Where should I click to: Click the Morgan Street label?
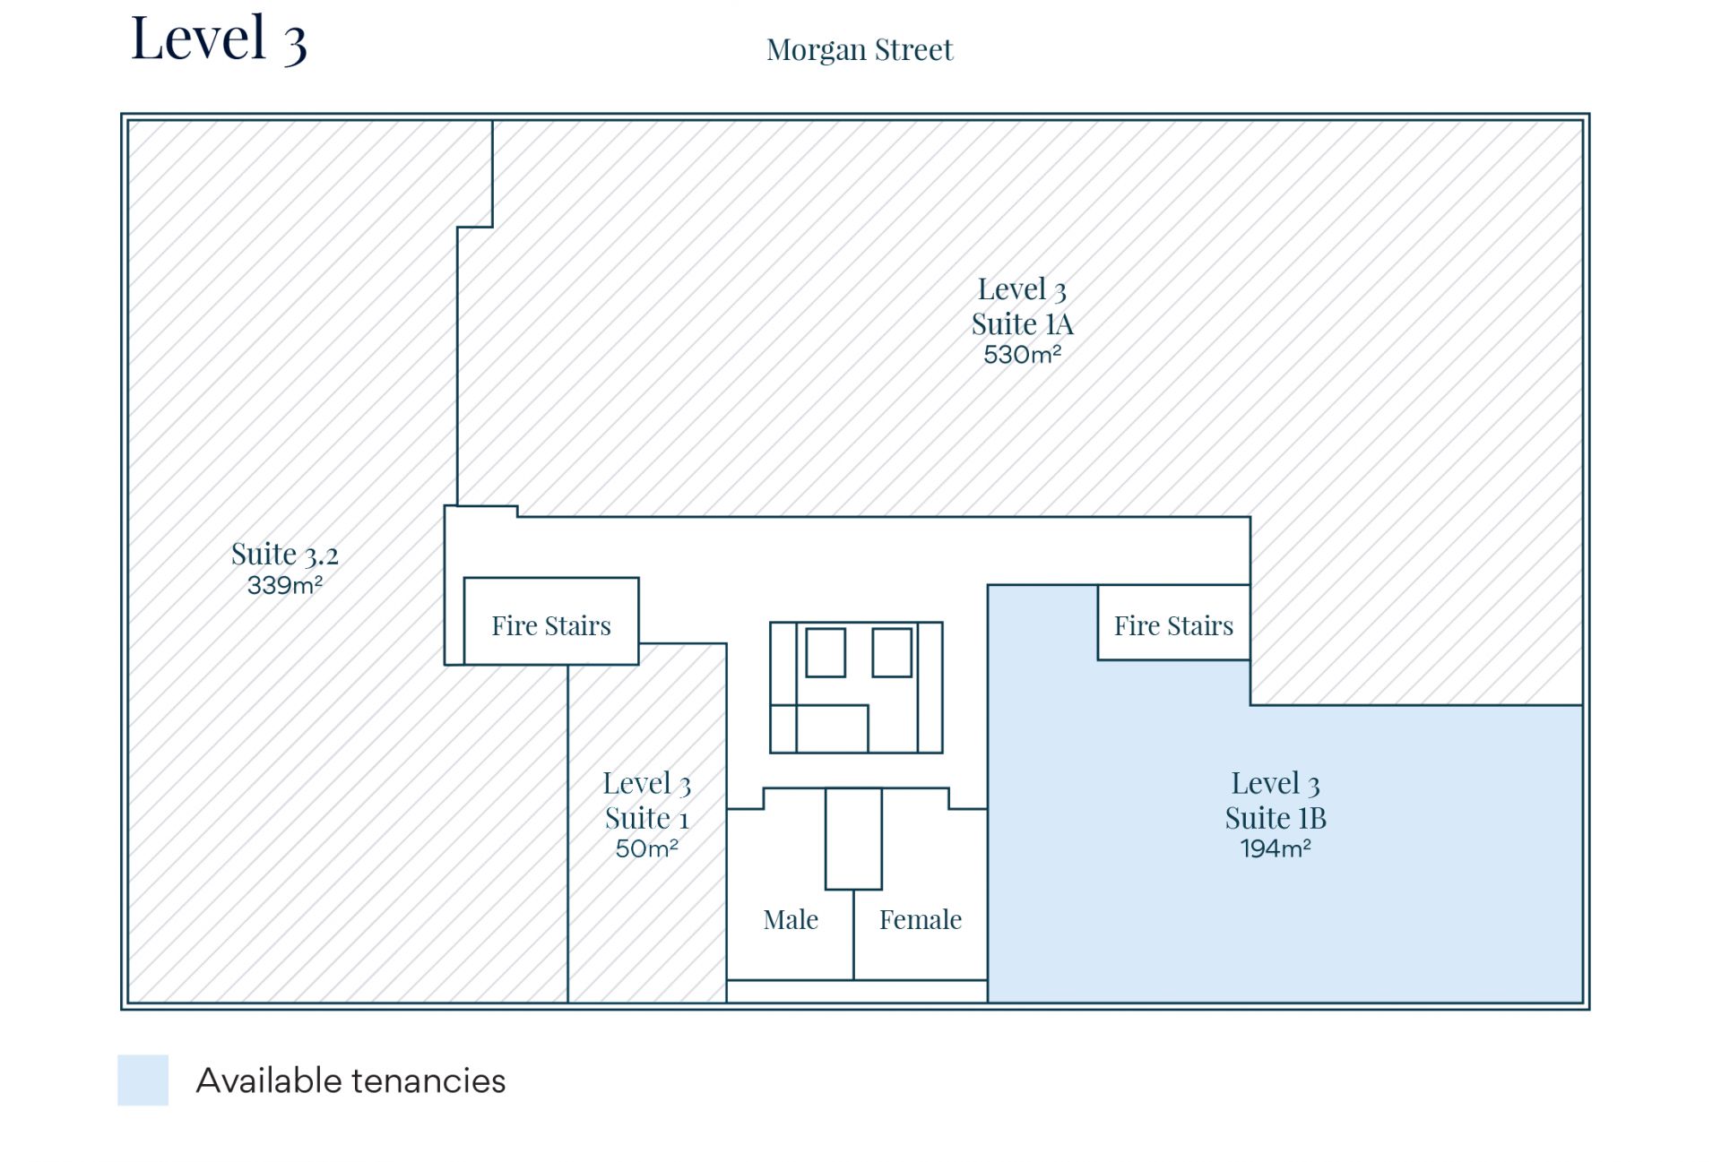click(x=859, y=50)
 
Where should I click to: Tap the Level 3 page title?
click(x=219, y=39)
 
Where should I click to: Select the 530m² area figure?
click(x=1022, y=355)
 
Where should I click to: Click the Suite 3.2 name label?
click(x=284, y=555)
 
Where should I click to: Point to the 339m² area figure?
click(x=284, y=586)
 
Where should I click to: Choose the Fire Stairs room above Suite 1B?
click(x=1173, y=624)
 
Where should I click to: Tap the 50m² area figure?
click(x=646, y=848)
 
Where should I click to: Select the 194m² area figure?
click(x=1275, y=848)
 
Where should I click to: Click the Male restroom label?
click(x=791, y=919)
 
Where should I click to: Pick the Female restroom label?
click(x=920, y=919)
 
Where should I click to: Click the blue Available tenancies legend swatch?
click(x=143, y=1080)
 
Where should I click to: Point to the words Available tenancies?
click(x=350, y=1080)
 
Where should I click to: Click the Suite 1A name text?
click(x=1022, y=323)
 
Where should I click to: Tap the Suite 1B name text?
click(x=1275, y=818)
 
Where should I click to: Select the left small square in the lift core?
click(x=825, y=652)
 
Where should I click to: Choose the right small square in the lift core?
click(x=891, y=652)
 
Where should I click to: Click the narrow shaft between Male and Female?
click(x=853, y=839)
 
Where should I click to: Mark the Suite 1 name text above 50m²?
click(x=646, y=818)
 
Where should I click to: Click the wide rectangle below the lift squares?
click(x=832, y=728)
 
